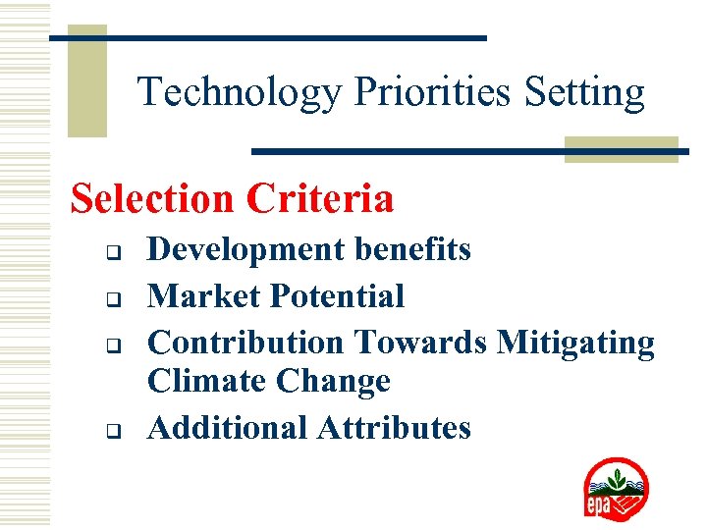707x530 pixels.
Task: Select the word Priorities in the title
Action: click(x=432, y=93)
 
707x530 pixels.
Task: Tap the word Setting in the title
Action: click(x=585, y=93)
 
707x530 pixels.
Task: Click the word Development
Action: click(x=245, y=250)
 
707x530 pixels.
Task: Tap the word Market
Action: click(x=202, y=295)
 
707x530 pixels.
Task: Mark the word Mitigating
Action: click(x=575, y=342)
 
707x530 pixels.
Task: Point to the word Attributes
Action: click(x=395, y=428)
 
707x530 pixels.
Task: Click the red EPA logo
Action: click(x=616, y=489)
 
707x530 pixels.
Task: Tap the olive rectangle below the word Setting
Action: click(x=621, y=148)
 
